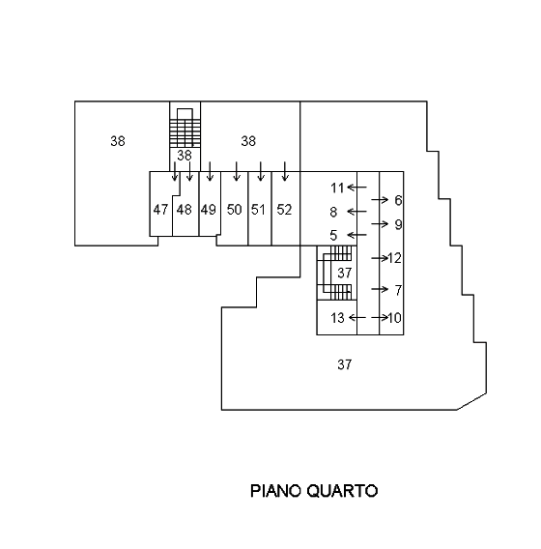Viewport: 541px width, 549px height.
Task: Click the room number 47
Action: (160, 210)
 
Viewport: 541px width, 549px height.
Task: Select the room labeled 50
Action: (234, 210)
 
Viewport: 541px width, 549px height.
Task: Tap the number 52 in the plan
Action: (284, 210)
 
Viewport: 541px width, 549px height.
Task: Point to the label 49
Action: (209, 210)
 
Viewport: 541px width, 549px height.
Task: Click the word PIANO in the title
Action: (275, 491)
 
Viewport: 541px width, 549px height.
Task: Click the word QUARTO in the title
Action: (343, 491)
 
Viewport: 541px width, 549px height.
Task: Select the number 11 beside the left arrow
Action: (337, 188)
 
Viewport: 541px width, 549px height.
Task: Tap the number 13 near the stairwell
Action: (337, 318)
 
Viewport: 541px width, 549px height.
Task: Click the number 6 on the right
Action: (398, 200)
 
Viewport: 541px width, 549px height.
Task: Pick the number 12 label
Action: (394, 258)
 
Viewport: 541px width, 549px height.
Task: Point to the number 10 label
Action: (394, 318)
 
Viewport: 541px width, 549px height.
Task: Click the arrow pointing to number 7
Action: (380, 289)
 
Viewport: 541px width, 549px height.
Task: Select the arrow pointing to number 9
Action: (380, 223)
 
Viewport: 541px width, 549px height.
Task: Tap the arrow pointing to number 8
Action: (356, 212)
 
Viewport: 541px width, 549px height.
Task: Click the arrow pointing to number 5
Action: (356, 235)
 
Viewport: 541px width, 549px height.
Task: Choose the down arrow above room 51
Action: (260, 171)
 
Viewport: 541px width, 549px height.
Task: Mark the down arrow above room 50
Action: (237, 171)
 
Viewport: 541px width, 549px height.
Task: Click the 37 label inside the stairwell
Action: (344, 273)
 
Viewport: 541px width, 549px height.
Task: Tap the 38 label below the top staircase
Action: (185, 155)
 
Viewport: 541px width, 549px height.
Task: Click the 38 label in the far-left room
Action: (118, 141)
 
